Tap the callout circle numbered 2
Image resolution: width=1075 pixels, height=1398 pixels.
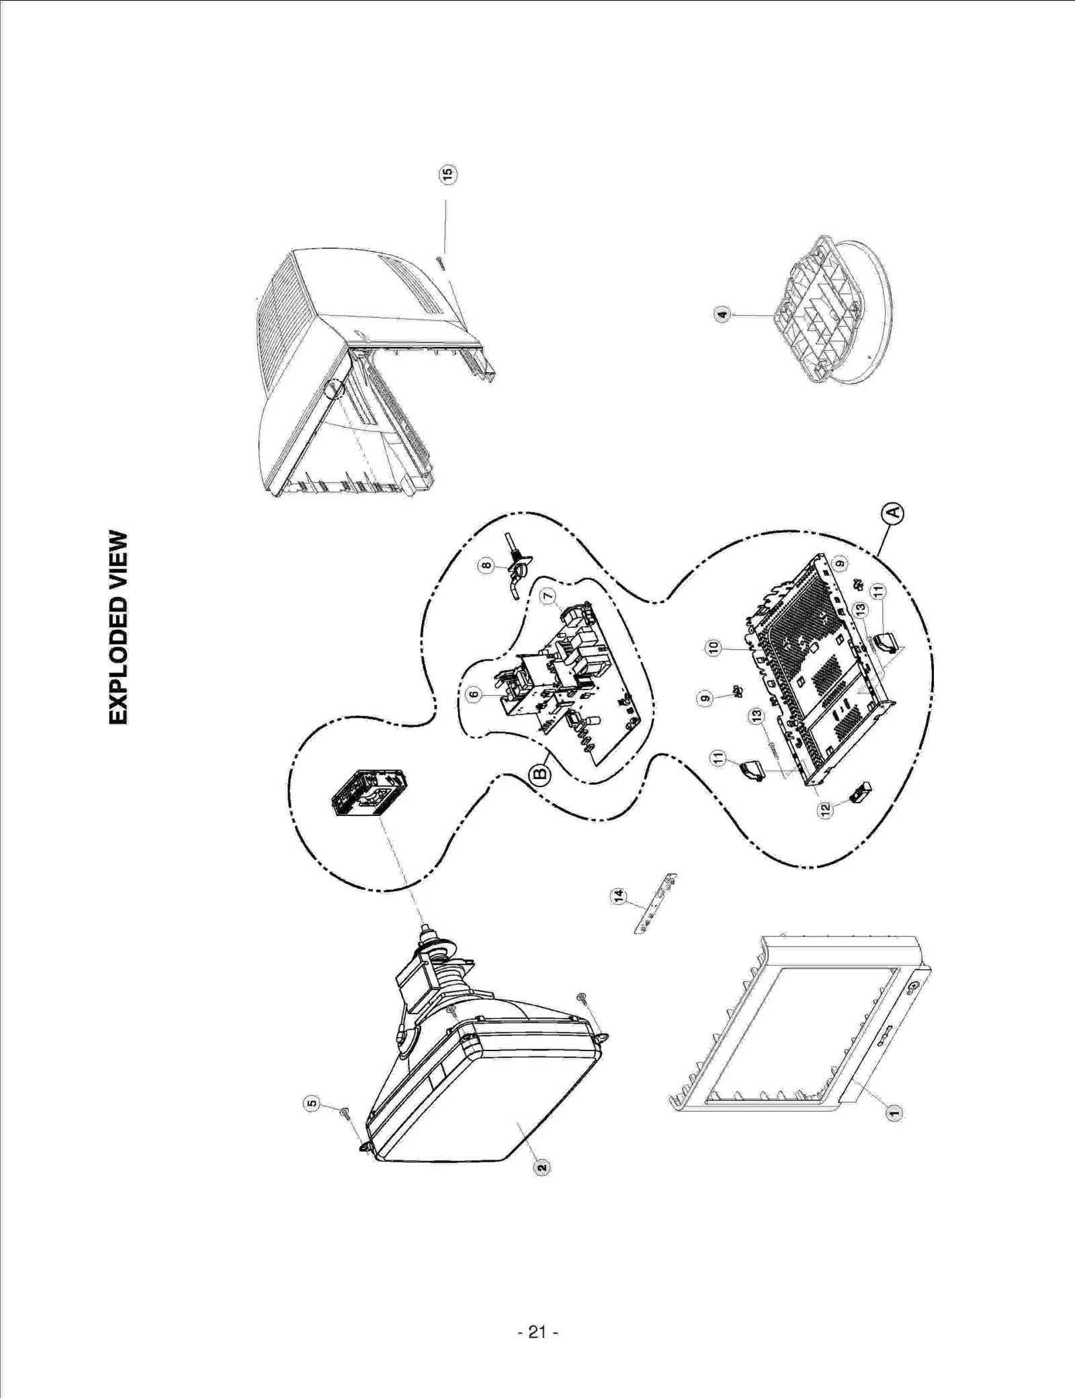click(x=542, y=1168)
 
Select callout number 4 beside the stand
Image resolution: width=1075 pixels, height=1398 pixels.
click(x=722, y=314)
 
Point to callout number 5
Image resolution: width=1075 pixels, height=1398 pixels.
click(x=311, y=1103)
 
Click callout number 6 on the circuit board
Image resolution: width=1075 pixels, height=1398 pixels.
click(x=474, y=694)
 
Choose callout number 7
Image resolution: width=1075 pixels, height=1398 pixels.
click(x=548, y=595)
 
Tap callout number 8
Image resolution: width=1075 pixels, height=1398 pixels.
click(x=486, y=566)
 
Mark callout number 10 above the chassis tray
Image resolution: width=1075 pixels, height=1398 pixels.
click(x=714, y=647)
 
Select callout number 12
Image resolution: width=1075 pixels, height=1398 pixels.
click(x=826, y=810)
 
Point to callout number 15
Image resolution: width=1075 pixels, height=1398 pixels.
click(x=447, y=173)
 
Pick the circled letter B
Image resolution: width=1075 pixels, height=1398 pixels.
click(x=541, y=775)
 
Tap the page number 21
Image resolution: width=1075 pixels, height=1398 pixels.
click(x=537, y=1331)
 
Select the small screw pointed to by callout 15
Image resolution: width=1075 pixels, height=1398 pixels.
click(x=439, y=262)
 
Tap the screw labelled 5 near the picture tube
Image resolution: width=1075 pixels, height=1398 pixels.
click(x=345, y=1114)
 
